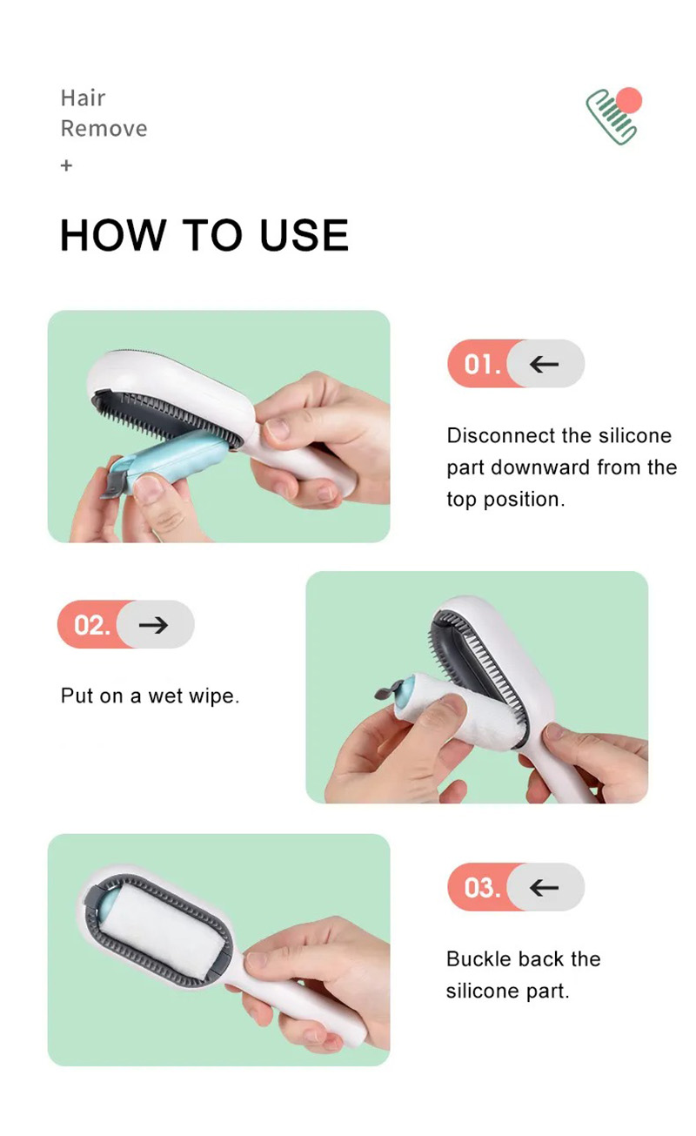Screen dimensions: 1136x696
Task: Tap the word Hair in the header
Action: pyautogui.click(x=83, y=97)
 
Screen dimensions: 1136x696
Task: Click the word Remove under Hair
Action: pyautogui.click(x=104, y=129)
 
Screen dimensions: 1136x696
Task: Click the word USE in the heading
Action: pyautogui.click(x=304, y=235)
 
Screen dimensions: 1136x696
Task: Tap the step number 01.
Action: pyautogui.click(x=480, y=363)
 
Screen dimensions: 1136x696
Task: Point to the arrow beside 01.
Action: pyautogui.click(x=545, y=363)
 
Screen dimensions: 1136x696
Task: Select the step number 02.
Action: pyautogui.click(x=90, y=624)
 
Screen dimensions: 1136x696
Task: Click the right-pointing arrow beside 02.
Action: pyautogui.click(x=154, y=624)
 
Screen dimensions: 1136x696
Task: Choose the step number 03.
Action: pyautogui.click(x=480, y=887)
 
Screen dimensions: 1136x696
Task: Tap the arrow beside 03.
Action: pyautogui.click(x=545, y=887)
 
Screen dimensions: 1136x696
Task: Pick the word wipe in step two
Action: pyautogui.click(x=212, y=696)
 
